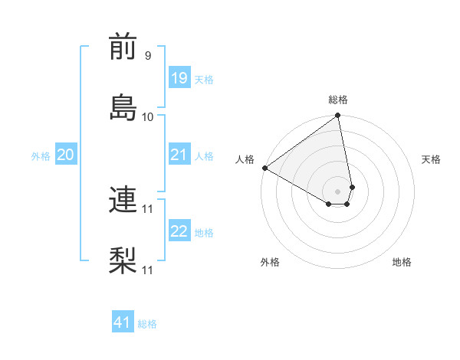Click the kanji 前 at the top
(123, 47)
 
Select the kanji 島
(123, 106)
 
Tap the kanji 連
(123, 200)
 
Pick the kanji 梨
(123, 259)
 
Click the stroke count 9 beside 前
(148, 55)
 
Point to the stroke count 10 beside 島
(148, 116)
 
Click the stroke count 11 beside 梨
(148, 270)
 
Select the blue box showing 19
(179, 78)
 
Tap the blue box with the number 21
(179, 155)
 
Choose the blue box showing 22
(179, 231)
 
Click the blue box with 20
(65, 155)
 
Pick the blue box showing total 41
(123, 322)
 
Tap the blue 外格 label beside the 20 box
(41, 156)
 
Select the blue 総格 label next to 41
(148, 324)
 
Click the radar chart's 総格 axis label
(338, 100)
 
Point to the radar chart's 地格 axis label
(402, 262)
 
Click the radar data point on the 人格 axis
(264, 168)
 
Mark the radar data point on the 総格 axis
(338, 116)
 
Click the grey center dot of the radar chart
(338, 191)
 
